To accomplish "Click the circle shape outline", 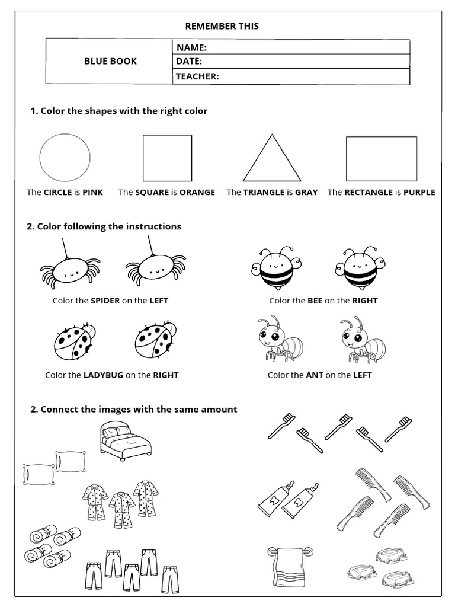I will [65, 158].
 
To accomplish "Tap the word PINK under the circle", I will [92, 192].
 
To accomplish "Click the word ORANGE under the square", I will [197, 192].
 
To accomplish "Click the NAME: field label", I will [191, 47].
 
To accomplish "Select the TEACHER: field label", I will [197, 76].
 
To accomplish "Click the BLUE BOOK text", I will [110, 61].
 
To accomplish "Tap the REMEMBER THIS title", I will [222, 26].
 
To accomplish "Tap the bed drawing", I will [125, 440].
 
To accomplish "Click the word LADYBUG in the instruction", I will [103, 375].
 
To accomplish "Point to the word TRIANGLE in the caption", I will [264, 192].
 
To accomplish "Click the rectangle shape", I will [381, 158].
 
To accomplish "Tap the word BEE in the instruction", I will [315, 301].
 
